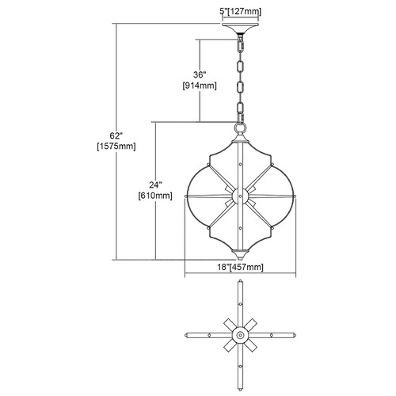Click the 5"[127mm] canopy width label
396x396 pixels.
click(241, 12)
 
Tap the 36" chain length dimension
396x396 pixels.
click(200, 75)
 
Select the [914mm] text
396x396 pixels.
click(200, 86)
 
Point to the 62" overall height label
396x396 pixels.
click(116, 135)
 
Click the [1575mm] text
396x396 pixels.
click(116, 147)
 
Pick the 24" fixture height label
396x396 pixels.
click(155, 185)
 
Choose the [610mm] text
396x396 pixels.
click(155, 196)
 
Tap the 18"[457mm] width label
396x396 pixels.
click(240, 267)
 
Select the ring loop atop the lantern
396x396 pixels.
click(240, 129)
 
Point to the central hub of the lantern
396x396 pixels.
click(240, 196)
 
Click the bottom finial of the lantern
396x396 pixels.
click(240, 254)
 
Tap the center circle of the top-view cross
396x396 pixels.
click(240, 335)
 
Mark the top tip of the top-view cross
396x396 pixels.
click(240, 280)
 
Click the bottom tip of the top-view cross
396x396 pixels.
click(240, 390)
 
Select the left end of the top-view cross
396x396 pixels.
click(186, 335)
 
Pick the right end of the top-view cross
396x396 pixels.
click(295, 335)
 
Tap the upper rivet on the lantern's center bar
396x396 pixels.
click(240, 164)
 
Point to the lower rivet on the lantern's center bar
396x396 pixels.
click(240, 227)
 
